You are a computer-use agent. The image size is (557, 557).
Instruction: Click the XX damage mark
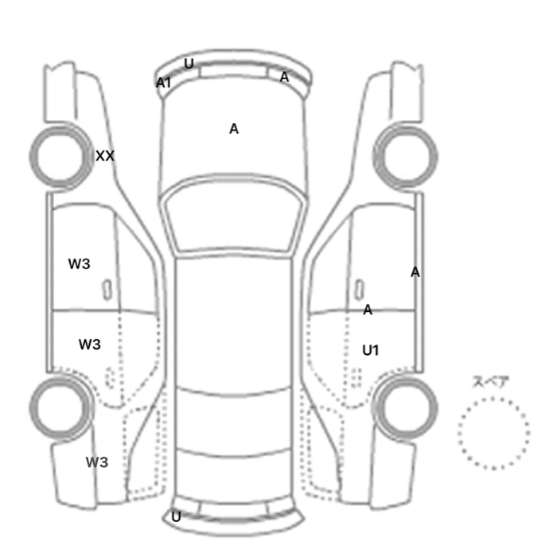click(105, 156)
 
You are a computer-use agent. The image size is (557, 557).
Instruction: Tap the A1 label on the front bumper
click(163, 83)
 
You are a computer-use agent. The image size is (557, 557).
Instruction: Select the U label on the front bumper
click(189, 64)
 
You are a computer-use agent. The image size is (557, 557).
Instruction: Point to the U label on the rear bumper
click(176, 517)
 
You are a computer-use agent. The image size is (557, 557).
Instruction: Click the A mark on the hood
click(234, 129)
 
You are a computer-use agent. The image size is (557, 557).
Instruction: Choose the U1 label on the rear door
click(371, 351)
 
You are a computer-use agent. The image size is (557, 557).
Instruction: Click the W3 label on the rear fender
click(97, 462)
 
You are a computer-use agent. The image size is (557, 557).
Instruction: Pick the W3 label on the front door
click(80, 264)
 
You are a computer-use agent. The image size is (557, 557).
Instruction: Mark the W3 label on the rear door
click(90, 345)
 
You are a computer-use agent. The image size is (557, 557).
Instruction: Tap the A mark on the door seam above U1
click(368, 310)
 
